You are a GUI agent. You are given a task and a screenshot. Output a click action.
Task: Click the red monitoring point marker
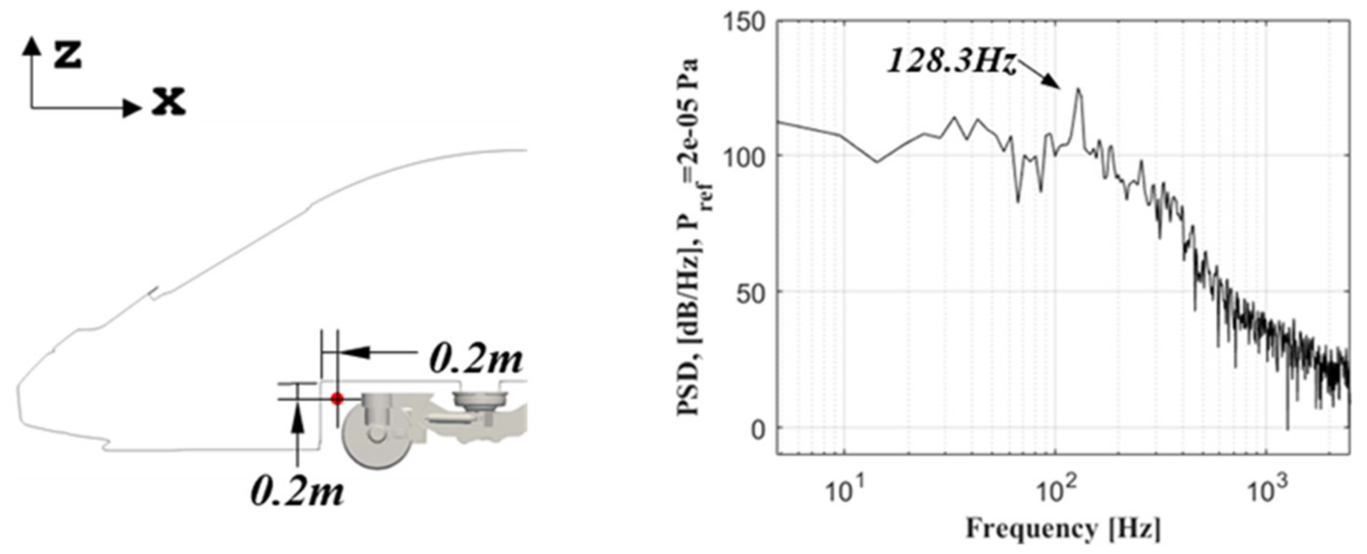click(337, 398)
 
